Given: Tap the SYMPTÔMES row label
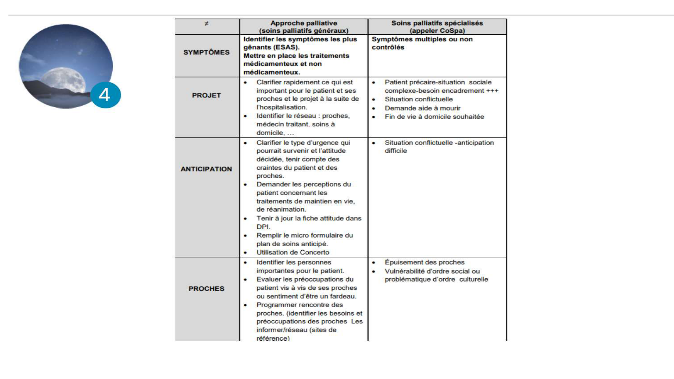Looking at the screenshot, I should click(x=206, y=52).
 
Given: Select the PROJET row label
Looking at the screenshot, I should click(x=206, y=95).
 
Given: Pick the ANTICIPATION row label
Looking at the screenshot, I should click(x=206, y=169).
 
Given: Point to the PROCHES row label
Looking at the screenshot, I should click(x=206, y=289).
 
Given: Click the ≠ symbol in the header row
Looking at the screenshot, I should click(x=207, y=24).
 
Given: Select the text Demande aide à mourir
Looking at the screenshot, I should click(x=423, y=108).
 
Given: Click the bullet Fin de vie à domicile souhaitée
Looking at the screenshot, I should click(x=434, y=117).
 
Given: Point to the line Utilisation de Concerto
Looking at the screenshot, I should click(x=293, y=252).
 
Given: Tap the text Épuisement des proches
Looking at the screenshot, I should click(x=425, y=262).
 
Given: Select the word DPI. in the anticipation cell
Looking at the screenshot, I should click(x=263, y=227).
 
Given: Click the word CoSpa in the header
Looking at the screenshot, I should click(x=452, y=31).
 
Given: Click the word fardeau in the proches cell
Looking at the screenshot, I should click(x=344, y=296).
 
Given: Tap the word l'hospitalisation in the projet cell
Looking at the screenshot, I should click(x=281, y=107).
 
